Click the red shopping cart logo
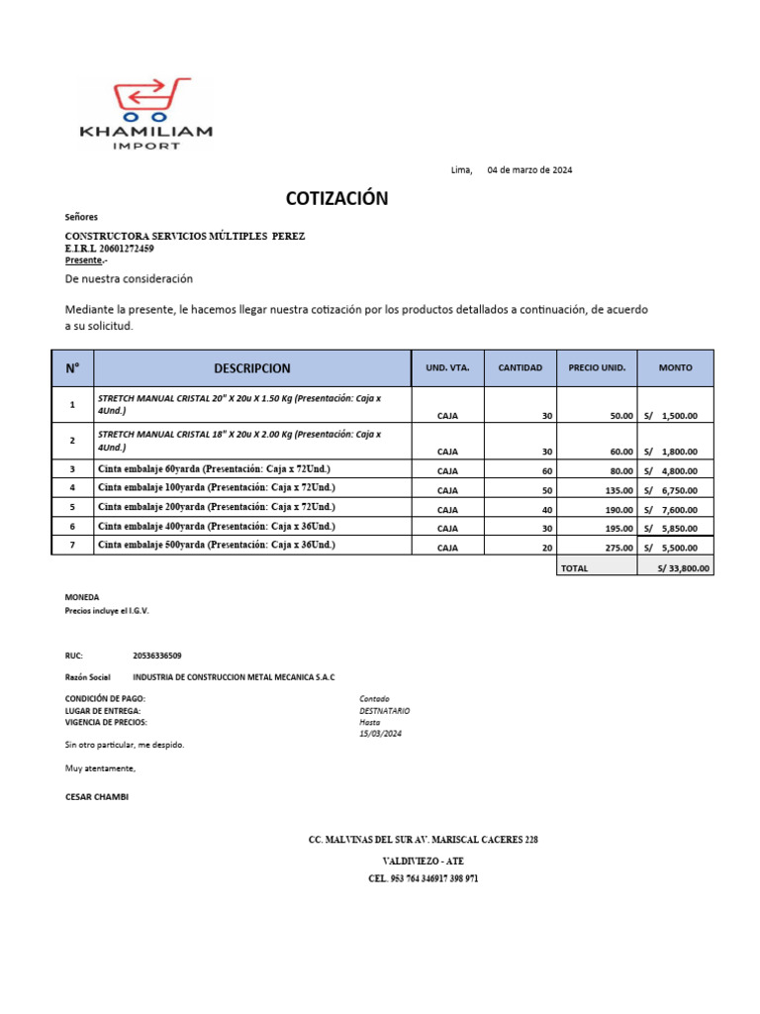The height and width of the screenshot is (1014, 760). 147,98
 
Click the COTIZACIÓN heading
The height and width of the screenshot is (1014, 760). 336,199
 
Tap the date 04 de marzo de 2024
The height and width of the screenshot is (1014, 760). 529,170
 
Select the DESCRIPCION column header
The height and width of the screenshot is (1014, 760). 252,368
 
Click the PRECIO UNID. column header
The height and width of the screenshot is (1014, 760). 597,367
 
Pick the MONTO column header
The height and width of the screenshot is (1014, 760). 676,367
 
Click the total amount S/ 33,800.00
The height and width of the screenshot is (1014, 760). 683,568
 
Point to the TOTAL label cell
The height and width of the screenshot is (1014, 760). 575,568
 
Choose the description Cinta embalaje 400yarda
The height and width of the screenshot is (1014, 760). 216,526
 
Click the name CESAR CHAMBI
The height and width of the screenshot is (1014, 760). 96,796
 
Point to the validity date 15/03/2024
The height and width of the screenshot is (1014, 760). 381,734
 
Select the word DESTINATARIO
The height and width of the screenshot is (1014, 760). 384,711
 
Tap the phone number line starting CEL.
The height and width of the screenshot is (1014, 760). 424,878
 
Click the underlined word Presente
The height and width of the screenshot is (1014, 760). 83,260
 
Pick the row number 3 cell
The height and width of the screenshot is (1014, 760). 72,468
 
